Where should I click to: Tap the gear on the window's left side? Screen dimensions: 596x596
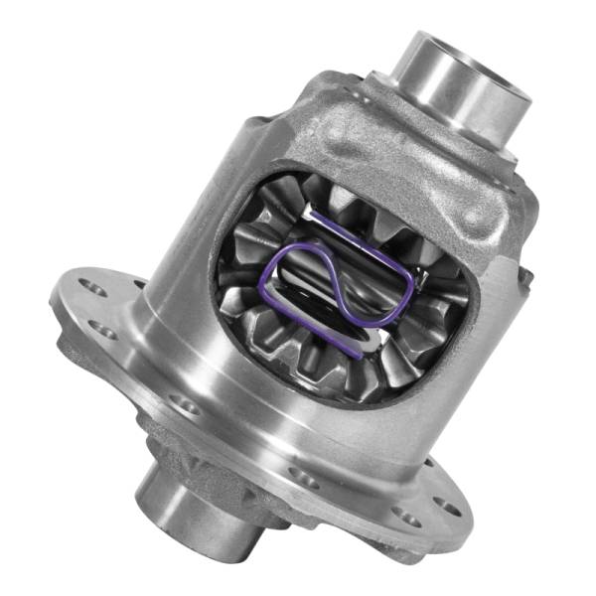click(x=243, y=283)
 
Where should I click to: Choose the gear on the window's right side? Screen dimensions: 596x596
click(x=442, y=288)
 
